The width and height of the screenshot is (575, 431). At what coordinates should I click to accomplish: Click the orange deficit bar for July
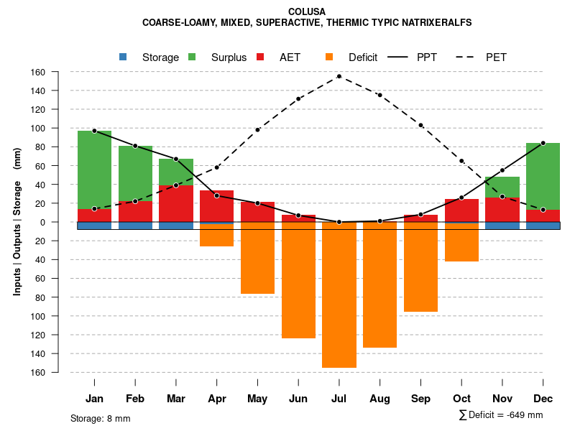click(x=339, y=295)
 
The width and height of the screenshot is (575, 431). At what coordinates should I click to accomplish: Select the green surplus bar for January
click(x=94, y=170)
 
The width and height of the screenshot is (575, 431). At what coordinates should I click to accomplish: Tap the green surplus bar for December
click(x=543, y=176)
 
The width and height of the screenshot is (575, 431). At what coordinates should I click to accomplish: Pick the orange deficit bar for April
click(x=216, y=235)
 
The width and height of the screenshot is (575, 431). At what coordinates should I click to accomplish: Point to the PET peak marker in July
click(x=339, y=76)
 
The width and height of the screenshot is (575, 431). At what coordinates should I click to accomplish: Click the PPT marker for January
click(x=94, y=131)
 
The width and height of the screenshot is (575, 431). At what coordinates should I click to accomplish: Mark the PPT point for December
click(x=543, y=143)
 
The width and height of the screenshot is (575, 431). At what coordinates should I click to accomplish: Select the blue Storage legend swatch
click(x=123, y=57)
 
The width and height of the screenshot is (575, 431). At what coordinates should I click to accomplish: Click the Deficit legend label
click(x=363, y=57)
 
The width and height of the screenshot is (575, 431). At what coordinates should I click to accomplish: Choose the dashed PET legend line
click(x=469, y=57)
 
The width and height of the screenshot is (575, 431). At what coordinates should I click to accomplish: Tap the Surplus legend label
click(x=229, y=57)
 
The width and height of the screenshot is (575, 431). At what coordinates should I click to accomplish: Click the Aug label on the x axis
click(x=379, y=399)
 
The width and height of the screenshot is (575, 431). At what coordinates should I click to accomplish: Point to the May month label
click(x=257, y=399)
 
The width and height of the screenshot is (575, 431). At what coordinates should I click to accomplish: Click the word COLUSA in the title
click(x=307, y=11)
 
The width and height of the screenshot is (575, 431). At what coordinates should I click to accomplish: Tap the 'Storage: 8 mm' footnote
click(x=100, y=418)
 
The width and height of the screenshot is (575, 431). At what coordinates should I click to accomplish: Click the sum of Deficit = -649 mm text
click(x=501, y=415)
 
